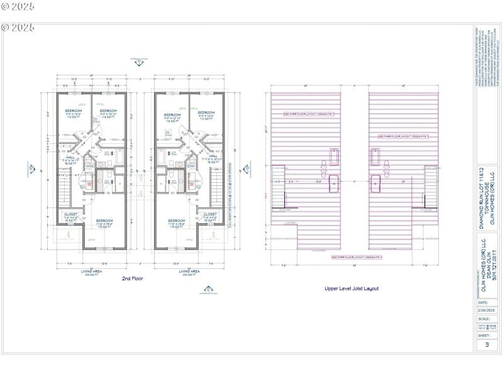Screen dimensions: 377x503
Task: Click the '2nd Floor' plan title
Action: (131, 277)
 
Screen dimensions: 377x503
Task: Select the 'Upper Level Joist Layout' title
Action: (352, 288)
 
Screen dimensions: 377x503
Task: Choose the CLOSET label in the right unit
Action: (210, 214)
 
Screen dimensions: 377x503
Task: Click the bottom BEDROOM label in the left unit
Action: (104, 221)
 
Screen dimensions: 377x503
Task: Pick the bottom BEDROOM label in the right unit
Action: (177, 221)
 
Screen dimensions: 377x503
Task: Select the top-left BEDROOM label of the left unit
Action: (74, 111)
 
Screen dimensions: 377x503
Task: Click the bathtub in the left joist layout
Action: (333, 155)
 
